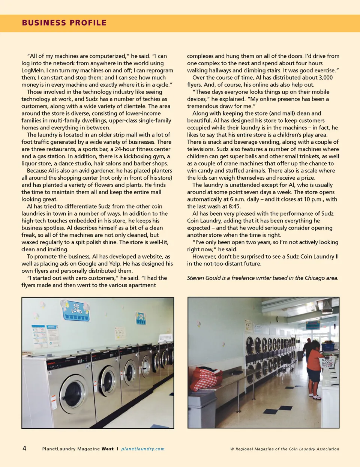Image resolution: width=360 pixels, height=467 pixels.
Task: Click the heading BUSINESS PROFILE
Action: click(x=64, y=23)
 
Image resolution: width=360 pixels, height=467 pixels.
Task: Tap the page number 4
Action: click(x=24, y=448)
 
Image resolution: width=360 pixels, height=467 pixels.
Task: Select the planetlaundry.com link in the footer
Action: click(x=143, y=449)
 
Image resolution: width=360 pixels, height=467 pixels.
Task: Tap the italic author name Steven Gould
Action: click(x=204, y=278)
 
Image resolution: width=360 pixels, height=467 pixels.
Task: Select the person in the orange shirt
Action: click(x=314, y=369)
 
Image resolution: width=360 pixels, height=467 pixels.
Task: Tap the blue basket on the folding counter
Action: click(x=328, y=346)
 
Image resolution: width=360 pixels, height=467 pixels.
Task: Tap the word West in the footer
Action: click(x=107, y=449)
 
